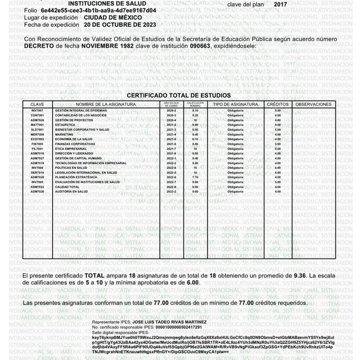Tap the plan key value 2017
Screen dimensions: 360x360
281,3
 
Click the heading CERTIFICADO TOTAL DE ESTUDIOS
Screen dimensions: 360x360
178,96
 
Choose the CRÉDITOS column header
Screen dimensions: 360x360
277,105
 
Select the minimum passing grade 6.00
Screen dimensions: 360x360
193,283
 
